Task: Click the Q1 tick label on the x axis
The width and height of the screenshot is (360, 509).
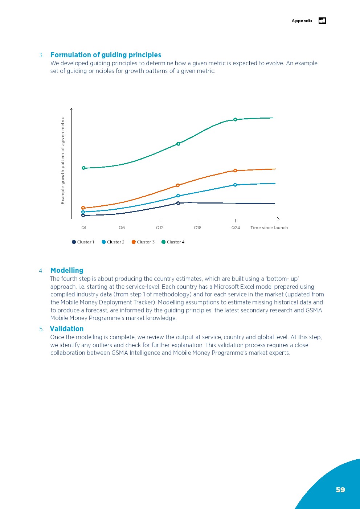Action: tap(84, 228)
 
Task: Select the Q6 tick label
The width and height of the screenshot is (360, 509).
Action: tap(122, 228)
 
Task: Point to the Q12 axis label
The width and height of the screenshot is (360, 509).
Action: tap(160, 228)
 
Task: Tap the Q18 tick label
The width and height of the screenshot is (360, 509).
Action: tap(198, 228)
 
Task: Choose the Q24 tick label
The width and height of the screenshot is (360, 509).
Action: tap(236, 228)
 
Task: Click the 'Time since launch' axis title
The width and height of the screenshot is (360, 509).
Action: tap(269, 228)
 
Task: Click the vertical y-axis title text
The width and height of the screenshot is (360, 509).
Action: tap(63, 160)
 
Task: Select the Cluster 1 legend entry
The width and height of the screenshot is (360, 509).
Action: tap(83, 242)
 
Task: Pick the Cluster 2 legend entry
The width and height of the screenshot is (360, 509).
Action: tap(113, 242)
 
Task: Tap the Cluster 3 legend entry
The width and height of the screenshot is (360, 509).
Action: tap(143, 242)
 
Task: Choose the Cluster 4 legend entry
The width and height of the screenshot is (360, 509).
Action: tap(173, 242)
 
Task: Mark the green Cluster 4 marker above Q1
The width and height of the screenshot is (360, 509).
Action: tap(83, 168)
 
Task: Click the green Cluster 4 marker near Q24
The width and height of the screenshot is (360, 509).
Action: tap(235, 120)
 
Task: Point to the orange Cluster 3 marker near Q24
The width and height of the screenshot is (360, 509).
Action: tap(235, 171)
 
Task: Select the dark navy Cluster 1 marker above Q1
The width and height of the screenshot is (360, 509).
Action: tap(83, 215)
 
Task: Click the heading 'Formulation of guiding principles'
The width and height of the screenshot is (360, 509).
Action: tap(106, 55)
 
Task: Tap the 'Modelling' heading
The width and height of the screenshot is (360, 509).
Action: tap(67, 270)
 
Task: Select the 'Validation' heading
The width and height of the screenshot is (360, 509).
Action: tap(67, 329)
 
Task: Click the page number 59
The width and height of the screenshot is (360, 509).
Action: tap(340, 490)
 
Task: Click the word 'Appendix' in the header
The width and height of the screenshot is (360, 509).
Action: tap(302, 21)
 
